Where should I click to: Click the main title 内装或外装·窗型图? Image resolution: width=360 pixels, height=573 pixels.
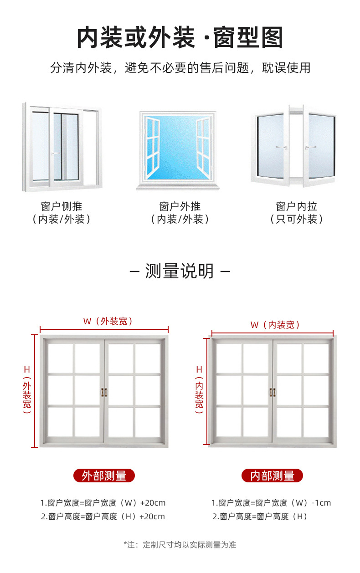[180, 37]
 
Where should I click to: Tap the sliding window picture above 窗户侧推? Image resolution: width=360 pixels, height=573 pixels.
[62, 147]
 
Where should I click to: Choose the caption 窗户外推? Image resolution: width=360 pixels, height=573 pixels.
[180, 206]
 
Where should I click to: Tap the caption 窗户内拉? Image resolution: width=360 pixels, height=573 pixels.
[296, 206]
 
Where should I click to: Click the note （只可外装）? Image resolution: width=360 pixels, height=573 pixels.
[296, 219]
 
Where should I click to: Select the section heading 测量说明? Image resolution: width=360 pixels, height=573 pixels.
[180, 271]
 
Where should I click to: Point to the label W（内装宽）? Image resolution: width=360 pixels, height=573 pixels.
[275, 325]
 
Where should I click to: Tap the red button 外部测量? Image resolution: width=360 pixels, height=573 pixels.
[104, 476]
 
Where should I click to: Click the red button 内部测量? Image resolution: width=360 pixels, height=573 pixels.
[272, 476]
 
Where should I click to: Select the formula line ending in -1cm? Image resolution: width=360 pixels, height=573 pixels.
[271, 503]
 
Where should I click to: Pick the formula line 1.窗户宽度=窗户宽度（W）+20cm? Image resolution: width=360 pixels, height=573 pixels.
[103, 503]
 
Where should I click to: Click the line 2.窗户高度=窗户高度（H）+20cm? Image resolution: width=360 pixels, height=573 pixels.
[103, 517]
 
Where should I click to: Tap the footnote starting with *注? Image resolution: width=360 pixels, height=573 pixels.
[180, 544]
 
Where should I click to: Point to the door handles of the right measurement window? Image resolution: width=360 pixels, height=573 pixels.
[273, 392]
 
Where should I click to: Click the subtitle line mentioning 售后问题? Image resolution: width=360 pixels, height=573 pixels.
[180, 68]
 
